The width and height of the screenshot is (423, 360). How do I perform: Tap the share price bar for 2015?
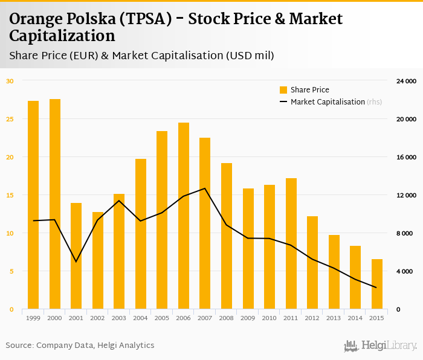coord(377,284)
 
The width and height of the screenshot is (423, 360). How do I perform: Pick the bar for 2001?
coord(76,256)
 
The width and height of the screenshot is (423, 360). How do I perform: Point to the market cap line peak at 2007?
coord(205,188)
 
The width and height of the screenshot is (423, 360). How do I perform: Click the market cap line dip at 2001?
coord(76,262)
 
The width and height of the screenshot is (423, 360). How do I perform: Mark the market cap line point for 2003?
coord(119,201)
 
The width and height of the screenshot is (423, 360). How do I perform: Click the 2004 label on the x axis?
coord(141,318)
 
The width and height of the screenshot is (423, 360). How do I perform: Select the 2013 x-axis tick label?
coord(334,318)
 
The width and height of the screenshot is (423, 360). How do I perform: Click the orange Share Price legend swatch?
coord(283,90)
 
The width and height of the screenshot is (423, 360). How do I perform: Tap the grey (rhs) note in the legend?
coord(374,101)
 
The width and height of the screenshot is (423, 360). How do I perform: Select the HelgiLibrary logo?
coord(380,346)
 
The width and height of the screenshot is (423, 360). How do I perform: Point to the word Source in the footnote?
coord(19,346)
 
